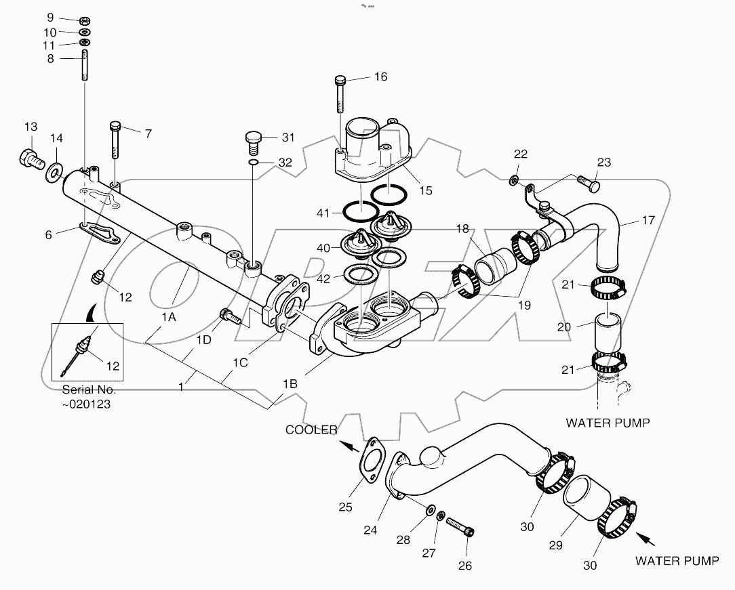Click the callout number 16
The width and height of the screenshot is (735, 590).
coord(380,77)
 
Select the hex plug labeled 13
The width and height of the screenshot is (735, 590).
coord(29,159)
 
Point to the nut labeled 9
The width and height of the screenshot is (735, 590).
coord(85,19)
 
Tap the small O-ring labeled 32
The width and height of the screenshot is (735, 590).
coord(252,163)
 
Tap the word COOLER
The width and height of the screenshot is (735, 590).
coord(310,430)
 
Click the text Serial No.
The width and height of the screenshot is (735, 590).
coord(89,390)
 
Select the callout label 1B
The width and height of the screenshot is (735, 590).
coord(290,384)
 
